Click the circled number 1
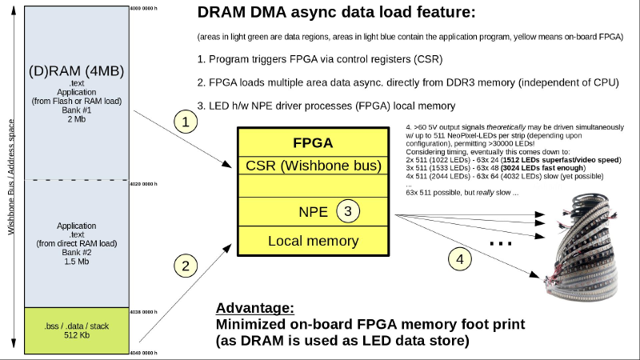(x=185, y=122)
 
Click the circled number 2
(x=185, y=266)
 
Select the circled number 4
(x=458, y=258)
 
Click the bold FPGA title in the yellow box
(x=313, y=144)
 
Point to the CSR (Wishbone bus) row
(x=313, y=166)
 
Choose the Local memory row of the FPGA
(x=313, y=240)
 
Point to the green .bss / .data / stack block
(x=77, y=330)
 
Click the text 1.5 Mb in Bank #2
(x=77, y=261)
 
